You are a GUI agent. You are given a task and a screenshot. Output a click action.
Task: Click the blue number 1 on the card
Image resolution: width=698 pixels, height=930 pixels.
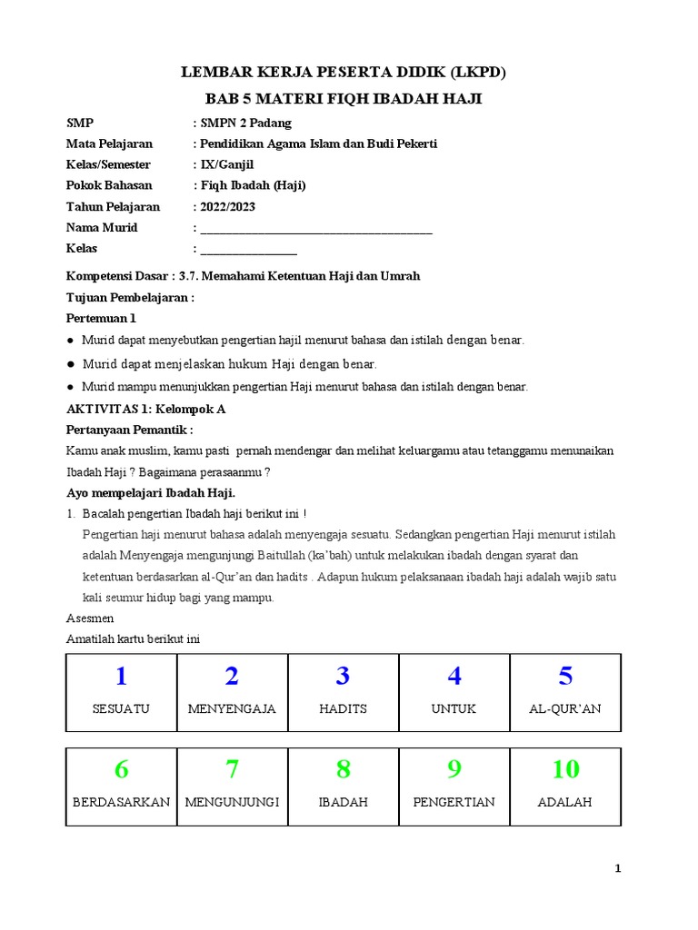tap(121, 677)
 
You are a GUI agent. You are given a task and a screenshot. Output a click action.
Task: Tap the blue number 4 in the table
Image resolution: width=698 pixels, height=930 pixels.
tap(454, 677)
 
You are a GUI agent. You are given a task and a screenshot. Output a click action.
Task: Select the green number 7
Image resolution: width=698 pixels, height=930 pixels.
tap(232, 770)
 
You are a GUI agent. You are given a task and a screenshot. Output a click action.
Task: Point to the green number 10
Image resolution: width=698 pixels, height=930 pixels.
tap(565, 770)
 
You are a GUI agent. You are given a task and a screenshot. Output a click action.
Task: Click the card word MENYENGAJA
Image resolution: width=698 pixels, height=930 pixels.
tap(232, 708)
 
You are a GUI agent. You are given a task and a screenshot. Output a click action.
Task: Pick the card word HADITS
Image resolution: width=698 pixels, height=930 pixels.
tap(343, 708)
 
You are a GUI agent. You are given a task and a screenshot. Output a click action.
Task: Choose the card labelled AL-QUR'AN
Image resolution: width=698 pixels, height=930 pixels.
tap(565, 708)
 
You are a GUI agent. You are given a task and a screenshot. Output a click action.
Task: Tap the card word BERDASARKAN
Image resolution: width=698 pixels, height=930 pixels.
tap(121, 802)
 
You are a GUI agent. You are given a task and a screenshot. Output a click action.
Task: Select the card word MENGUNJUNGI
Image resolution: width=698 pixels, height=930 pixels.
tap(232, 802)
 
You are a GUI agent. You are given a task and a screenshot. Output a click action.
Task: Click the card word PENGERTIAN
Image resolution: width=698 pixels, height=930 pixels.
tap(454, 802)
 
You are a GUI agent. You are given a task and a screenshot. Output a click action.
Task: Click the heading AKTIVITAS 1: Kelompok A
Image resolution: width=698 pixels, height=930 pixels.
tap(146, 410)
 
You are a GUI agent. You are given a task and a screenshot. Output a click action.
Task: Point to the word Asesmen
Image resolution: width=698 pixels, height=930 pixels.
tap(91, 618)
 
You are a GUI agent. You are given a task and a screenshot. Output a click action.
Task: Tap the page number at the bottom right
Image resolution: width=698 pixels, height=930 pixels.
tap(618, 869)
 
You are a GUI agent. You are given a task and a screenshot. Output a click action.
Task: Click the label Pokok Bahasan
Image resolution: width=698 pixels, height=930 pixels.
tap(109, 186)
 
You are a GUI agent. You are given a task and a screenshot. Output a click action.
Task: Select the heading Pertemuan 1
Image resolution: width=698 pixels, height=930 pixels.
tap(102, 319)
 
